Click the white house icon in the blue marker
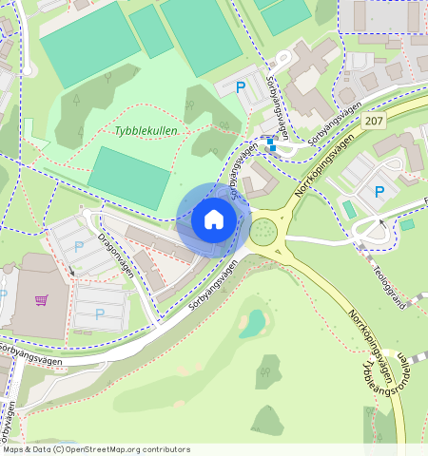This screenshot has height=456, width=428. (214, 219)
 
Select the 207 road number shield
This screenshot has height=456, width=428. (375, 122)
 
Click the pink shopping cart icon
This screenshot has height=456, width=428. (41, 301)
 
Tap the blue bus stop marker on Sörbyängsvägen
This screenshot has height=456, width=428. (272, 144)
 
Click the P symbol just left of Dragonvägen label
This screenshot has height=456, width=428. (79, 246)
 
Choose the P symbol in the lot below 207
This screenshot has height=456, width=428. (379, 192)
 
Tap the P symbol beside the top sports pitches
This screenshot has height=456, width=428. (241, 87)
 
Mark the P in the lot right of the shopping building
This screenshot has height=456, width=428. (100, 314)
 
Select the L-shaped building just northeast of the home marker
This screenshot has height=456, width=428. (257, 180)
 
